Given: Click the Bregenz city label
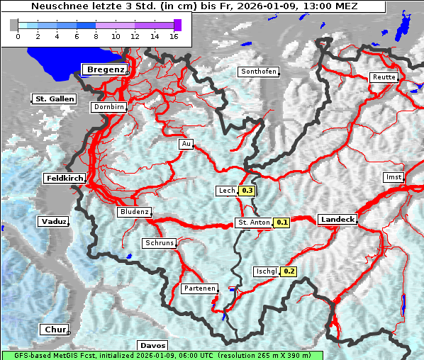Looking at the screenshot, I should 106,69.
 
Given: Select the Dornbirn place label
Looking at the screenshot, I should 109,107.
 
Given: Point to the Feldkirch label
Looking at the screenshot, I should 65,179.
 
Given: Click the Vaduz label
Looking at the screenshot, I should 54,222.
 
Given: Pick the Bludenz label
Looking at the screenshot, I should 134,212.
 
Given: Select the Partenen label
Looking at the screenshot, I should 199,288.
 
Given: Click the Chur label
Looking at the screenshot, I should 55,330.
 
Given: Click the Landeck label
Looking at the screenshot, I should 337,220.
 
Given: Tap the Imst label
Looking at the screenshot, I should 393,176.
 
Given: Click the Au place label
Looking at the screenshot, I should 186,144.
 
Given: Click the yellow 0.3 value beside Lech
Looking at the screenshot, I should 247,191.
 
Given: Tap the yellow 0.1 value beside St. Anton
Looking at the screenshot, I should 282,223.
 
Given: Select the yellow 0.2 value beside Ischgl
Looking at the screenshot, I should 289,271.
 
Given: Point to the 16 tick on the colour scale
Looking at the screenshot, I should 174,36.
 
